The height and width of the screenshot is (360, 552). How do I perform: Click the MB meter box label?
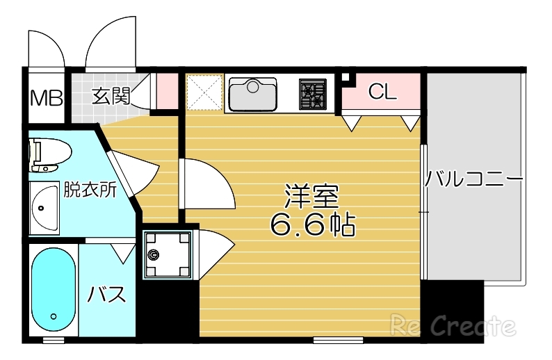[x=46, y=97]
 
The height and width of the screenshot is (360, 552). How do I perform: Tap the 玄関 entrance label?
[x=111, y=95]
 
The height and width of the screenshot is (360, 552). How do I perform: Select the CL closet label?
[x=382, y=92]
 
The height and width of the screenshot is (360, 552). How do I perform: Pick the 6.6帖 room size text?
[x=312, y=224]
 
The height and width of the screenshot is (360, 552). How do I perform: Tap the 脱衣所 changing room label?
[x=89, y=190]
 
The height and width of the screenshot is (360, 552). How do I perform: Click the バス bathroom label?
[x=107, y=295]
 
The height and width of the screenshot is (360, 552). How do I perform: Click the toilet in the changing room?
[x=47, y=154]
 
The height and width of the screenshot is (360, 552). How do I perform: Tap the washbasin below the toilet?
[x=45, y=208]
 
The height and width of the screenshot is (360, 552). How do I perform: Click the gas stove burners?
[x=312, y=95]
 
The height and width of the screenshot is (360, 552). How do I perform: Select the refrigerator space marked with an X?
[x=204, y=93]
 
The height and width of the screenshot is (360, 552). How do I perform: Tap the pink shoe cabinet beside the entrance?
[x=167, y=90]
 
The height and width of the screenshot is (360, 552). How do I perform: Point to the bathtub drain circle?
[x=53, y=318]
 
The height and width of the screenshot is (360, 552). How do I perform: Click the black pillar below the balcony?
[x=453, y=310]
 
